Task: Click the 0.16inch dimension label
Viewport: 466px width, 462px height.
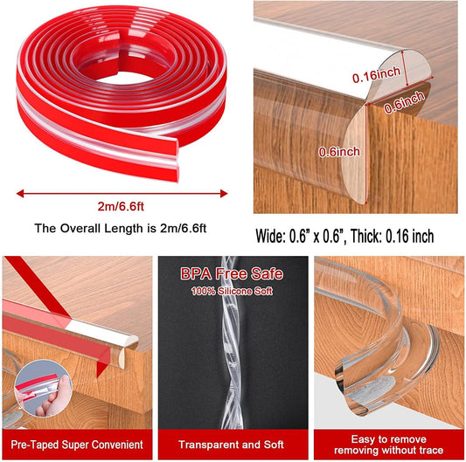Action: coord(376,74)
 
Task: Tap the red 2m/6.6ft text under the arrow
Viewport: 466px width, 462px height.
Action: coord(121,206)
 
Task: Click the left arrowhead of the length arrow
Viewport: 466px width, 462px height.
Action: coord(20,194)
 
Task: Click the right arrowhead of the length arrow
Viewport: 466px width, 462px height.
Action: coord(224,194)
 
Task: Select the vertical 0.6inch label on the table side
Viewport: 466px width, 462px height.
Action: coord(339,152)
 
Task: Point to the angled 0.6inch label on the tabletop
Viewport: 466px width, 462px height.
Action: coord(404,102)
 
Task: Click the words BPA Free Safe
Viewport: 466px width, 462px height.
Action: coord(232,273)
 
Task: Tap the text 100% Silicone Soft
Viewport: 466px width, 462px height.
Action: coord(232,291)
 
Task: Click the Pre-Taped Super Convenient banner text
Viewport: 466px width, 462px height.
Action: coord(77,445)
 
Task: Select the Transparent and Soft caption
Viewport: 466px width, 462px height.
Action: coord(231,445)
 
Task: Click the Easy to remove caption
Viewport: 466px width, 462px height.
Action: coord(389,438)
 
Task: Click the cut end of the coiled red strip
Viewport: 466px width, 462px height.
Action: coord(177,160)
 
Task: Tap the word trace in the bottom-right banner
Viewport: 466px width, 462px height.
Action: coord(430,450)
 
